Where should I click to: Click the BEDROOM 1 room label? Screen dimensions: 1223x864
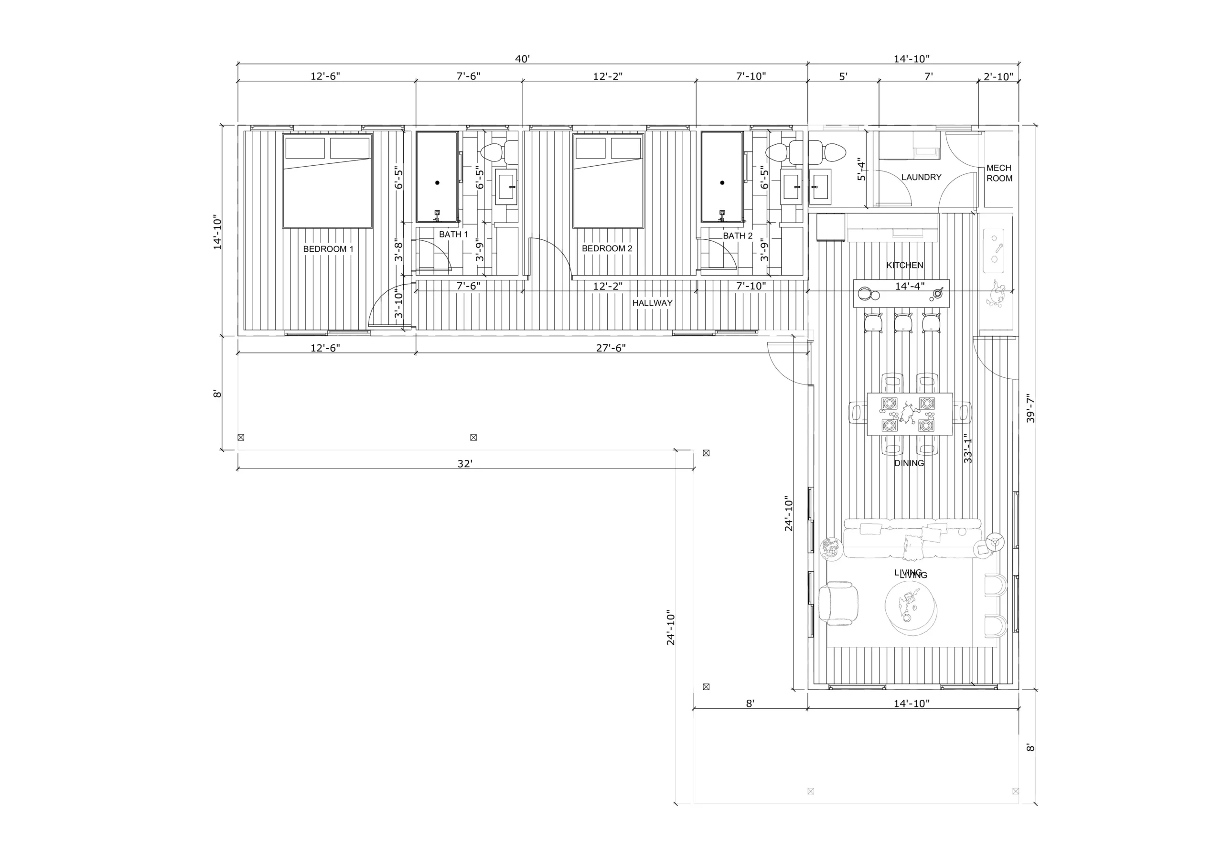pos(328,249)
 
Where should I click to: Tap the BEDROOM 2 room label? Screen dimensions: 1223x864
pos(607,248)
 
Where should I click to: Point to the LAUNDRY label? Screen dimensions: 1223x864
pos(921,177)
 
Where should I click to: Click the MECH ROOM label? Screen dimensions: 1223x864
pos(999,173)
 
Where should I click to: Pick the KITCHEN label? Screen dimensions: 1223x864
pos(904,265)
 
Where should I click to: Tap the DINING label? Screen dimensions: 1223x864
pos(909,463)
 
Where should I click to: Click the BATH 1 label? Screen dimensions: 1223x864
pos(453,235)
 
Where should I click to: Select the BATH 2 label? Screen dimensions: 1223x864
pos(738,235)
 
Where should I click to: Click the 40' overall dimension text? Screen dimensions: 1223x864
pos(522,59)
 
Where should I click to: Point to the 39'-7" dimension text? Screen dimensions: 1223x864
pos(1030,408)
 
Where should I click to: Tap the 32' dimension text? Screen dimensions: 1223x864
pos(464,463)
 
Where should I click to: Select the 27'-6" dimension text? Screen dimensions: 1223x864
pos(611,348)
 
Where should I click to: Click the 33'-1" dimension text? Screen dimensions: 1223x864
pos(968,448)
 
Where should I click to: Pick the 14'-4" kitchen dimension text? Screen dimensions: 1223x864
pos(909,286)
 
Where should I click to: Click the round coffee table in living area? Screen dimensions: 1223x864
pos(911,607)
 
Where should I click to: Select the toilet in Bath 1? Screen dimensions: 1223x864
pos(499,152)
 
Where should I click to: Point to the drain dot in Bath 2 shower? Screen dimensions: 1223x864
pos(722,183)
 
